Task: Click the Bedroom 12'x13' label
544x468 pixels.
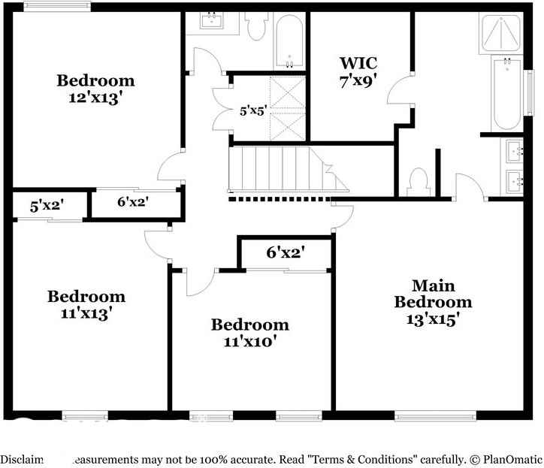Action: tap(95, 88)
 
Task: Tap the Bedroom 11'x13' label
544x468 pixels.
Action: tap(86, 304)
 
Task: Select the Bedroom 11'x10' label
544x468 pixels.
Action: tap(249, 333)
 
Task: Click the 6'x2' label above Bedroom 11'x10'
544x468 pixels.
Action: tap(286, 252)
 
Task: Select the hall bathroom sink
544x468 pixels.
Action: tap(212, 22)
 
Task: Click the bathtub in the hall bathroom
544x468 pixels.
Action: tap(289, 41)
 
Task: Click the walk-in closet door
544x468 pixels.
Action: tap(399, 92)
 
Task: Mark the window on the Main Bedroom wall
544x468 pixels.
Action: tap(436, 415)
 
